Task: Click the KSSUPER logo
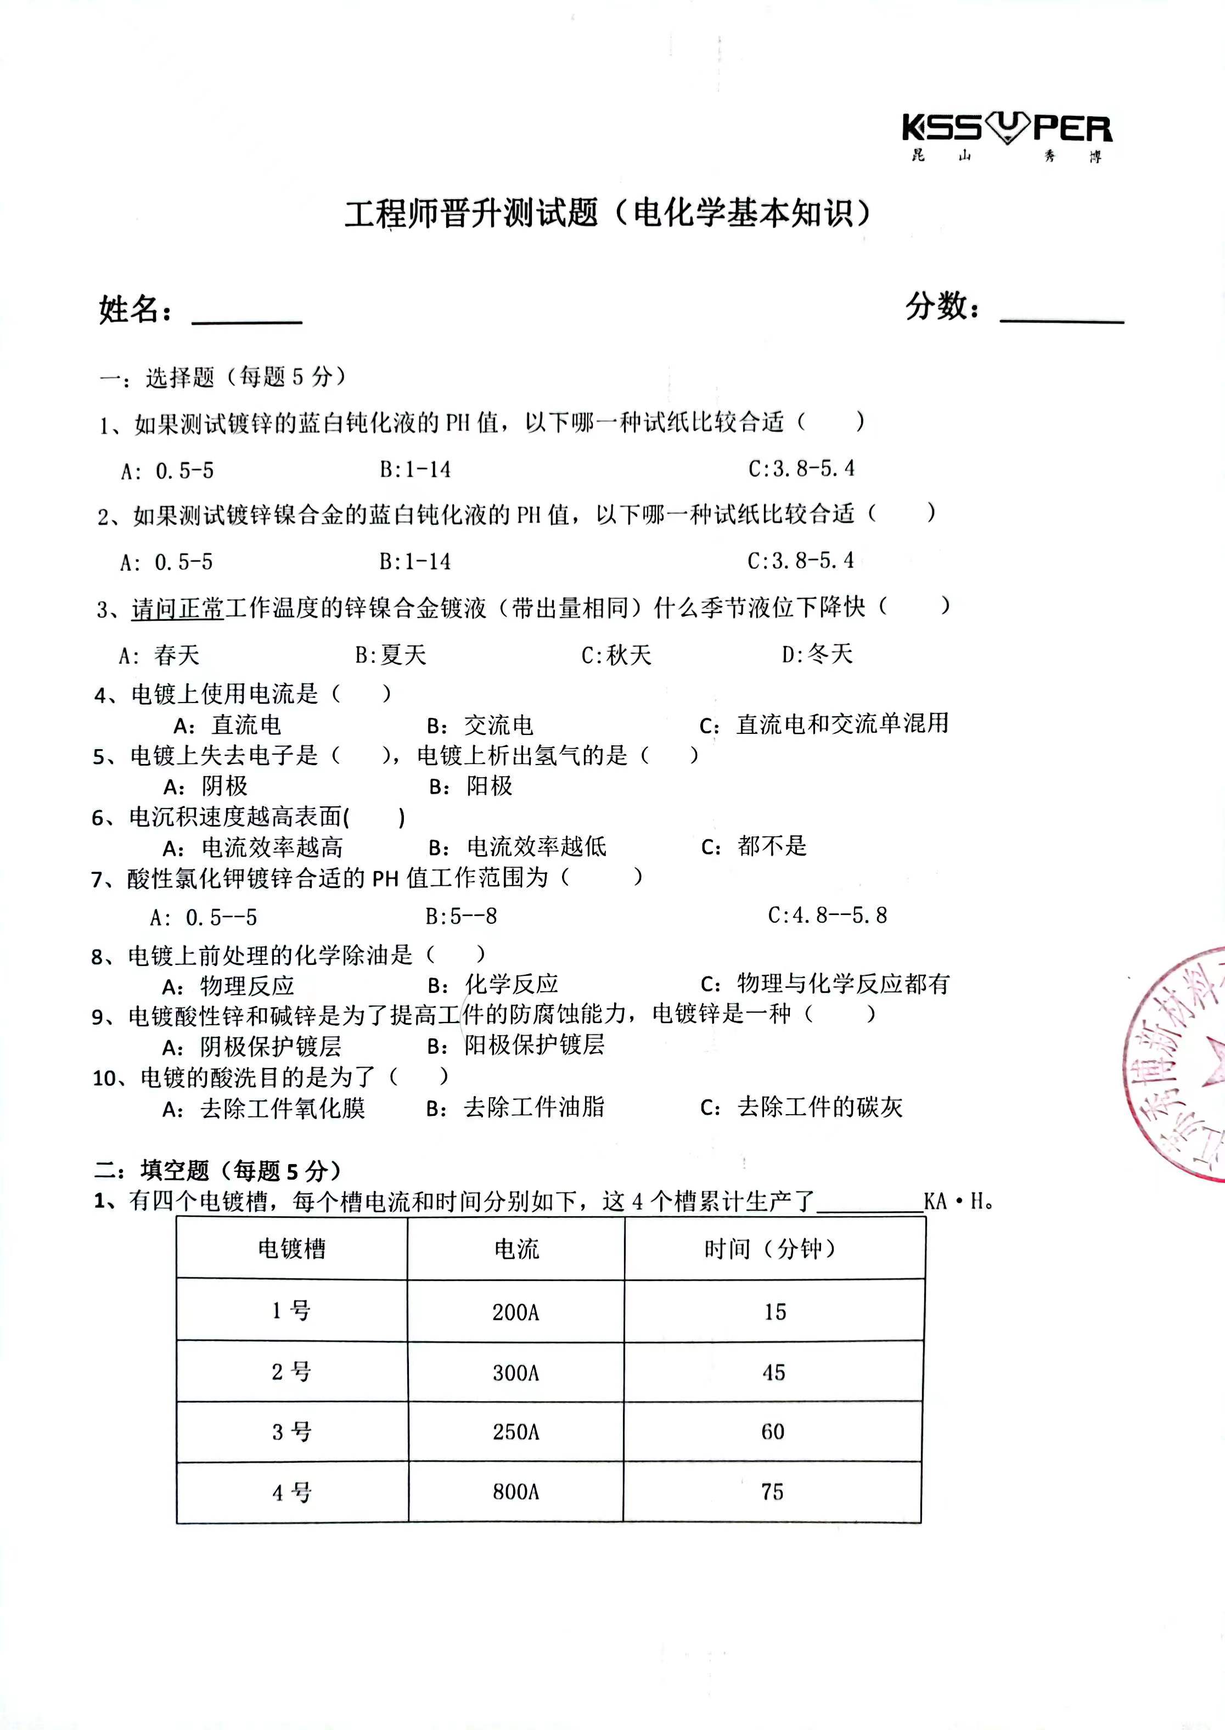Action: click(x=1007, y=136)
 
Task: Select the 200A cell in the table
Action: click(x=516, y=1312)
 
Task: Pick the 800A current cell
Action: click(x=516, y=1492)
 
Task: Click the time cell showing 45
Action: click(x=774, y=1373)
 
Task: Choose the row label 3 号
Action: click(x=292, y=1431)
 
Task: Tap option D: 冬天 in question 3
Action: click(x=817, y=654)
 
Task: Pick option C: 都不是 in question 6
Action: click(x=754, y=847)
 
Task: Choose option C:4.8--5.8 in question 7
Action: click(x=828, y=915)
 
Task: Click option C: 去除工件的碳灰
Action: click(x=802, y=1107)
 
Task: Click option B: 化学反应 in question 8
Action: click(x=493, y=984)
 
